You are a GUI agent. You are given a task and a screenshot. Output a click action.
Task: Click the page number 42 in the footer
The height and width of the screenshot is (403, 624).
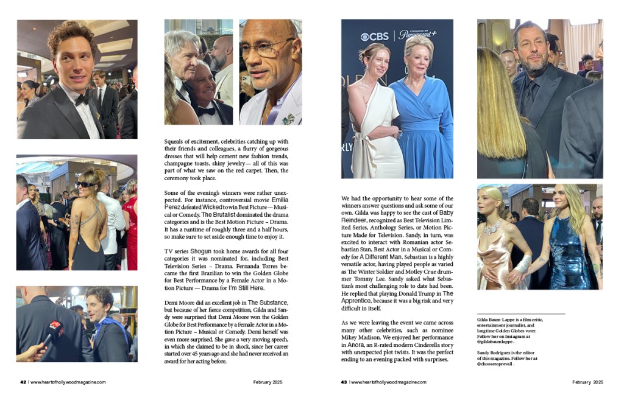coord(23,382)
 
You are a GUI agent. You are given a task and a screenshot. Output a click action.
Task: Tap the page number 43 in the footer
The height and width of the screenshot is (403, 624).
coord(344,382)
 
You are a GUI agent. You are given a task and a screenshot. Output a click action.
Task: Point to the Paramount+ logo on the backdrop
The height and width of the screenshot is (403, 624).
coord(417,35)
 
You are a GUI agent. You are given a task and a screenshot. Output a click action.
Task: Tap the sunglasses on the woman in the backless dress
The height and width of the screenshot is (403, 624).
coord(85,184)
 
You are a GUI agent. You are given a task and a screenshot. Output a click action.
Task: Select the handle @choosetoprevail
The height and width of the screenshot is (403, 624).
coord(498,363)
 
